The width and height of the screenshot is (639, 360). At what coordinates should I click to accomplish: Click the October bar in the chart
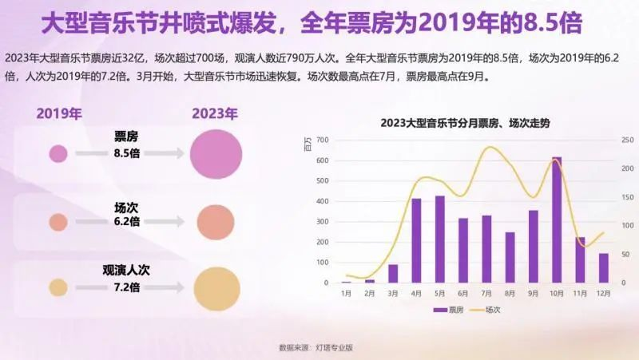pos(557,220)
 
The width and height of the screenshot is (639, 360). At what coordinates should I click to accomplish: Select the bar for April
pos(416,240)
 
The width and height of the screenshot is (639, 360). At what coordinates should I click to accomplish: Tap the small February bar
pos(370,280)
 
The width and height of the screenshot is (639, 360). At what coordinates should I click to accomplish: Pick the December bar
pos(603,267)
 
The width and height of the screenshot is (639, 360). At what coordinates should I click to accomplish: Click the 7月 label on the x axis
pos(486,293)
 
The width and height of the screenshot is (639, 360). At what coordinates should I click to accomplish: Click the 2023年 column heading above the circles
pos(215,113)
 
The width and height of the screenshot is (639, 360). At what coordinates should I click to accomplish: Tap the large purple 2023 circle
pos(216,152)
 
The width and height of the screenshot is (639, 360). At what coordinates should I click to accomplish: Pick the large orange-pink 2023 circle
pos(216,222)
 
